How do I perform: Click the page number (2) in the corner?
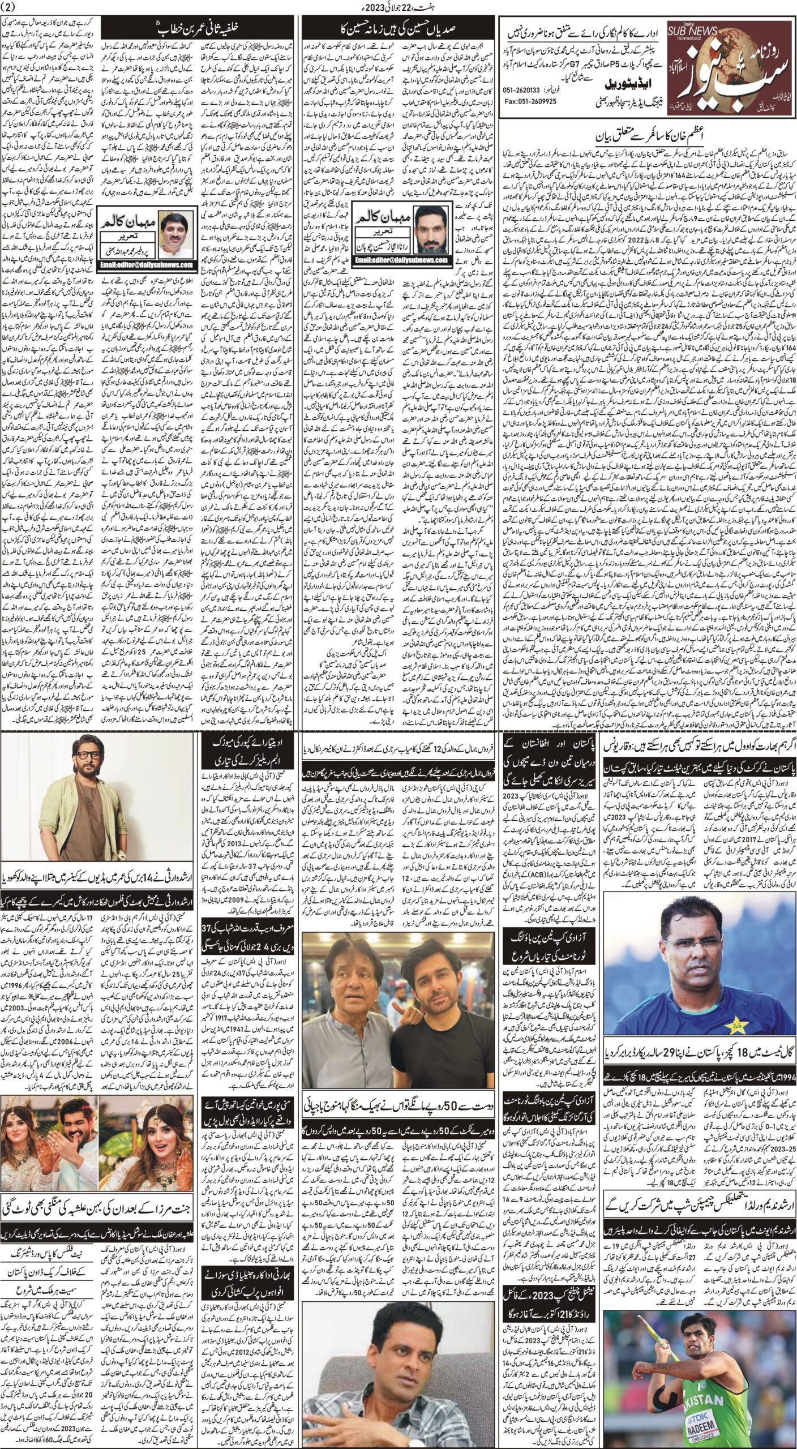tap(11, 7)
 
